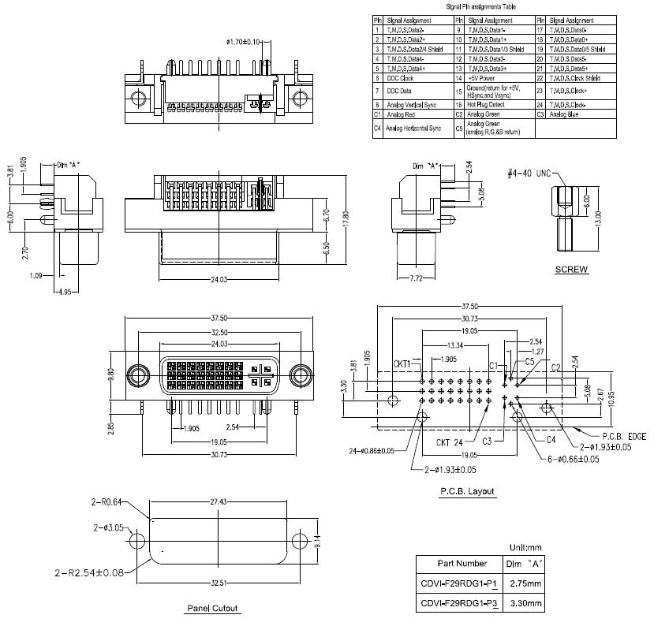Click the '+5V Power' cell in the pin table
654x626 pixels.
[x=482, y=78]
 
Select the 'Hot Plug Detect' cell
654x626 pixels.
[x=486, y=104]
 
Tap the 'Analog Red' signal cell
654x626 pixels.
[x=401, y=114]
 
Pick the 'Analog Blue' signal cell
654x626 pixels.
[x=564, y=114]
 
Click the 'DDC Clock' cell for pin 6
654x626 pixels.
[x=401, y=78]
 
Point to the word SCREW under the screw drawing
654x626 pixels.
[x=571, y=270]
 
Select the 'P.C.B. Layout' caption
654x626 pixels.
[x=467, y=492]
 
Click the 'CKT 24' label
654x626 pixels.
[x=450, y=442]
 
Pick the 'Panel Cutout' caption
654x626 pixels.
[x=212, y=608]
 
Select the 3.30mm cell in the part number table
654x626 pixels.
[x=525, y=603]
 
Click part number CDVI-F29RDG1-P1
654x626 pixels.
[x=458, y=583]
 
